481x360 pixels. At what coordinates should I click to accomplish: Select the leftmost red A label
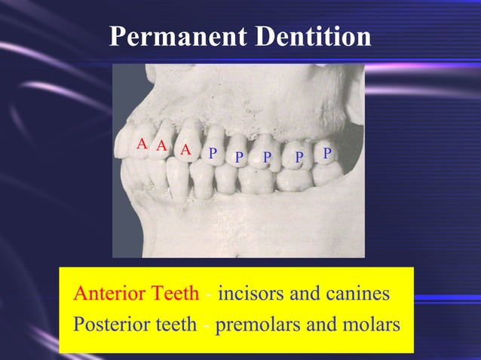coord(141,144)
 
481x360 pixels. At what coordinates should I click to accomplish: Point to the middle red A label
coord(161,146)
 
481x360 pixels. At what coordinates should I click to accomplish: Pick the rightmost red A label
coord(185,150)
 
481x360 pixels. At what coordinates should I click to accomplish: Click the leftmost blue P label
coord(213,154)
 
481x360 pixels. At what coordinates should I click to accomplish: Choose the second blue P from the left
coord(239,157)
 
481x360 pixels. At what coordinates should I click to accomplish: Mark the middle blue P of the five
coord(266,157)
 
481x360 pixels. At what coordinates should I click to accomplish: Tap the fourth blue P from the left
coord(299,157)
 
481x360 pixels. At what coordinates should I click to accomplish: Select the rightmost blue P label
coord(326,153)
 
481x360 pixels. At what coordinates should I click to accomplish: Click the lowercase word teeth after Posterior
coord(175,325)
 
